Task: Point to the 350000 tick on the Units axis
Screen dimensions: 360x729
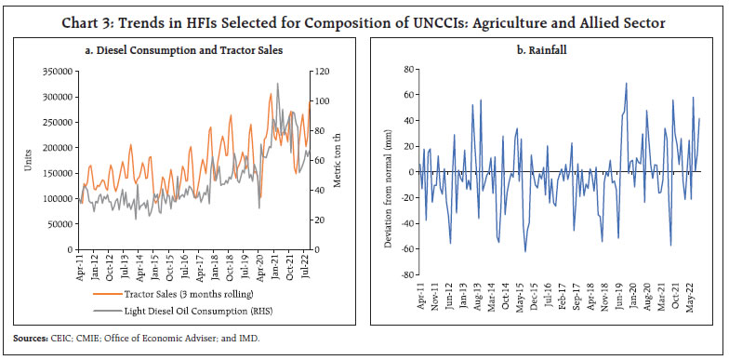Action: coord(58,71)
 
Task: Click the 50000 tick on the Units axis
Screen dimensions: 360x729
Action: coord(60,224)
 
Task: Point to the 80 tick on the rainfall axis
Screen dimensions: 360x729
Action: coord(407,70)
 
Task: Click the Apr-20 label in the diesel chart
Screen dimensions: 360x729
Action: coord(260,270)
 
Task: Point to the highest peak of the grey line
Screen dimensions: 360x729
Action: coord(277,85)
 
